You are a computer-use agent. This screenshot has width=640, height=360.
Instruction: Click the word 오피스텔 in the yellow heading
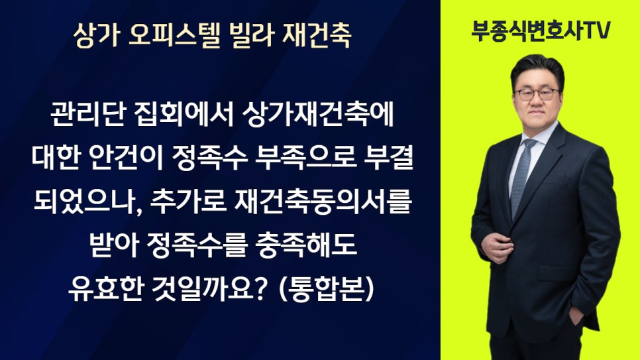(x=174, y=35)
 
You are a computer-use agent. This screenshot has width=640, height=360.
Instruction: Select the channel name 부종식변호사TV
(x=541, y=30)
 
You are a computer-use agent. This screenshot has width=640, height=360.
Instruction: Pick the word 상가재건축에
(x=318, y=115)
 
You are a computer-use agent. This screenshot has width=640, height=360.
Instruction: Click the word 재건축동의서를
(x=322, y=201)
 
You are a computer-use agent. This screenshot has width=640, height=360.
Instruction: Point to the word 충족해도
(x=306, y=245)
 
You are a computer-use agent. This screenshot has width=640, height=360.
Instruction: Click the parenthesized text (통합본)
(x=326, y=288)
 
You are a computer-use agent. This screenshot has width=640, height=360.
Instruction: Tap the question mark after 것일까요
(x=262, y=288)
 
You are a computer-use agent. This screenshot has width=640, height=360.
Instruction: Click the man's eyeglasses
(x=537, y=93)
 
